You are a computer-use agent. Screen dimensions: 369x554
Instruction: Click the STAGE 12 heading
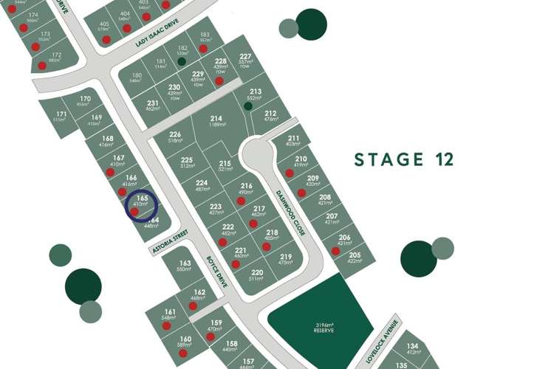(403, 159)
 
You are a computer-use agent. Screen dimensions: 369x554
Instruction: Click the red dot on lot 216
(241, 200)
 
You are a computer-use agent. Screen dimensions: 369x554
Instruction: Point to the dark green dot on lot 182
(181, 62)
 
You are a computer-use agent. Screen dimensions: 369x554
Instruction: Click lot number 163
(185, 263)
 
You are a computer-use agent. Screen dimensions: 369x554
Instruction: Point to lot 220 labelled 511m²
(256, 275)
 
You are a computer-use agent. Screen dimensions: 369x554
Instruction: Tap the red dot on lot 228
(219, 80)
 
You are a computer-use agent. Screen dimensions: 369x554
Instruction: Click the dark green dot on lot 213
(248, 106)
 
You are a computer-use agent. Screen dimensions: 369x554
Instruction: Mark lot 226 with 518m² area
(175, 137)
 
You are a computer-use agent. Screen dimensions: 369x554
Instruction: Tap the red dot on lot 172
(42, 66)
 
